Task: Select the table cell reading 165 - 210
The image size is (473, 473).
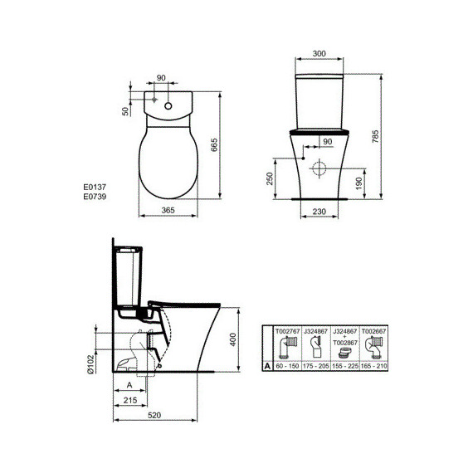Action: pyautogui.click(x=377, y=364)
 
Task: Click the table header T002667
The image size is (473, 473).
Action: pyautogui.click(x=377, y=330)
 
